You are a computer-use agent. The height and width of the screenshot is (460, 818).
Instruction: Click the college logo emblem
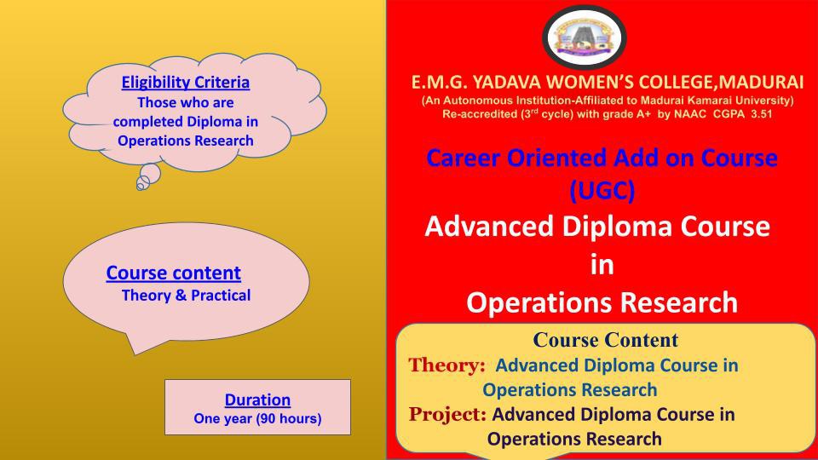[585, 37]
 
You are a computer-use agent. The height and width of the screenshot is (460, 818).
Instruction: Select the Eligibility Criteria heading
[185, 83]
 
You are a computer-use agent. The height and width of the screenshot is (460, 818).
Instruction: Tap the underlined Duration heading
[257, 400]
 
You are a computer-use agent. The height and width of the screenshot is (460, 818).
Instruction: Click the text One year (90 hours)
[257, 419]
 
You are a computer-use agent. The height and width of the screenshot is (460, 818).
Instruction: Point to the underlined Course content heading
[173, 273]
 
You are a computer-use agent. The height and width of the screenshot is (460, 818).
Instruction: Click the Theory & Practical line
[186, 296]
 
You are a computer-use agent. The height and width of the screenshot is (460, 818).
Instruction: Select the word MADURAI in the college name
[764, 83]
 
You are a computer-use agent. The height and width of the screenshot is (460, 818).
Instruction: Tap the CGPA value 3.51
[761, 114]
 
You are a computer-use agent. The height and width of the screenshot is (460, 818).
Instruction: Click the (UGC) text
[602, 190]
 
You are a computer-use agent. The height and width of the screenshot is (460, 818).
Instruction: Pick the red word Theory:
[446, 365]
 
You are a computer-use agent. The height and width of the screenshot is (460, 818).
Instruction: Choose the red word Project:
[447, 414]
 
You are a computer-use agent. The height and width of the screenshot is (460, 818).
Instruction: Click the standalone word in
[602, 265]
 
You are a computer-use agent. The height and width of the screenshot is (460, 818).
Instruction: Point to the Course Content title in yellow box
[605, 340]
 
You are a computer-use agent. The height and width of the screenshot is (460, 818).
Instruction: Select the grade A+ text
[643, 114]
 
